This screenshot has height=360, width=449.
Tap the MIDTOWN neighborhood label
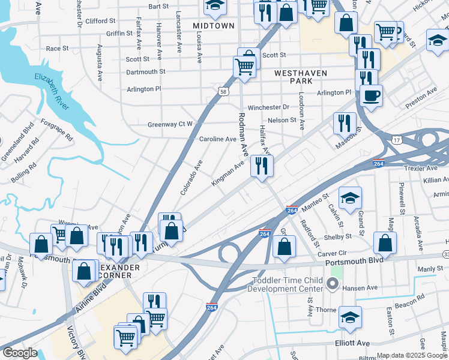pyautogui.click(x=214, y=26)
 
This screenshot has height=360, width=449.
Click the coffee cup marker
pyautogui.click(x=371, y=95)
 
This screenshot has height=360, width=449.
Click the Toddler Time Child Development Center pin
pyautogui.click(x=334, y=282)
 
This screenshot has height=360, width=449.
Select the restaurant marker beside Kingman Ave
pyautogui.click(x=262, y=166)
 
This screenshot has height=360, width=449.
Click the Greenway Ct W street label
pyautogui.click(x=170, y=124)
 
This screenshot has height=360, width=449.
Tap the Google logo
pyautogui.click(x=20, y=353)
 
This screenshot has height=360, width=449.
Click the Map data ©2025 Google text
pyautogui.click(x=411, y=355)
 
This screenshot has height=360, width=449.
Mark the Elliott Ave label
pyautogui.click(x=353, y=343)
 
